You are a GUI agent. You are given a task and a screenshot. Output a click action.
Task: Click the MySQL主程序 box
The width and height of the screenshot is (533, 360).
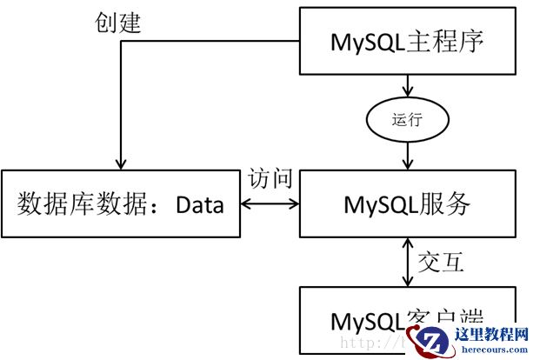[407, 41]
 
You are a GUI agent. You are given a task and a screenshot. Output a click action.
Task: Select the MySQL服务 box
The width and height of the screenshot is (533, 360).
[407, 205]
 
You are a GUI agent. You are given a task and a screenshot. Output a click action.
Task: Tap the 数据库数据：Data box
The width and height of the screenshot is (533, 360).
[121, 205]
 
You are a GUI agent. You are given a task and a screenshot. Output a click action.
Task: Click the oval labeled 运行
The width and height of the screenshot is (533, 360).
[407, 119]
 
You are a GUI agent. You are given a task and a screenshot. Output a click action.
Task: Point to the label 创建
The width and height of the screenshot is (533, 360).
[118, 23]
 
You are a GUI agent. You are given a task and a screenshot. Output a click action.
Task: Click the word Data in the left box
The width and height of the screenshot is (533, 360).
[200, 206]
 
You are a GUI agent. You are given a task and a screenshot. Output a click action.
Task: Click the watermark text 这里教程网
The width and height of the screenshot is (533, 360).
[498, 334]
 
